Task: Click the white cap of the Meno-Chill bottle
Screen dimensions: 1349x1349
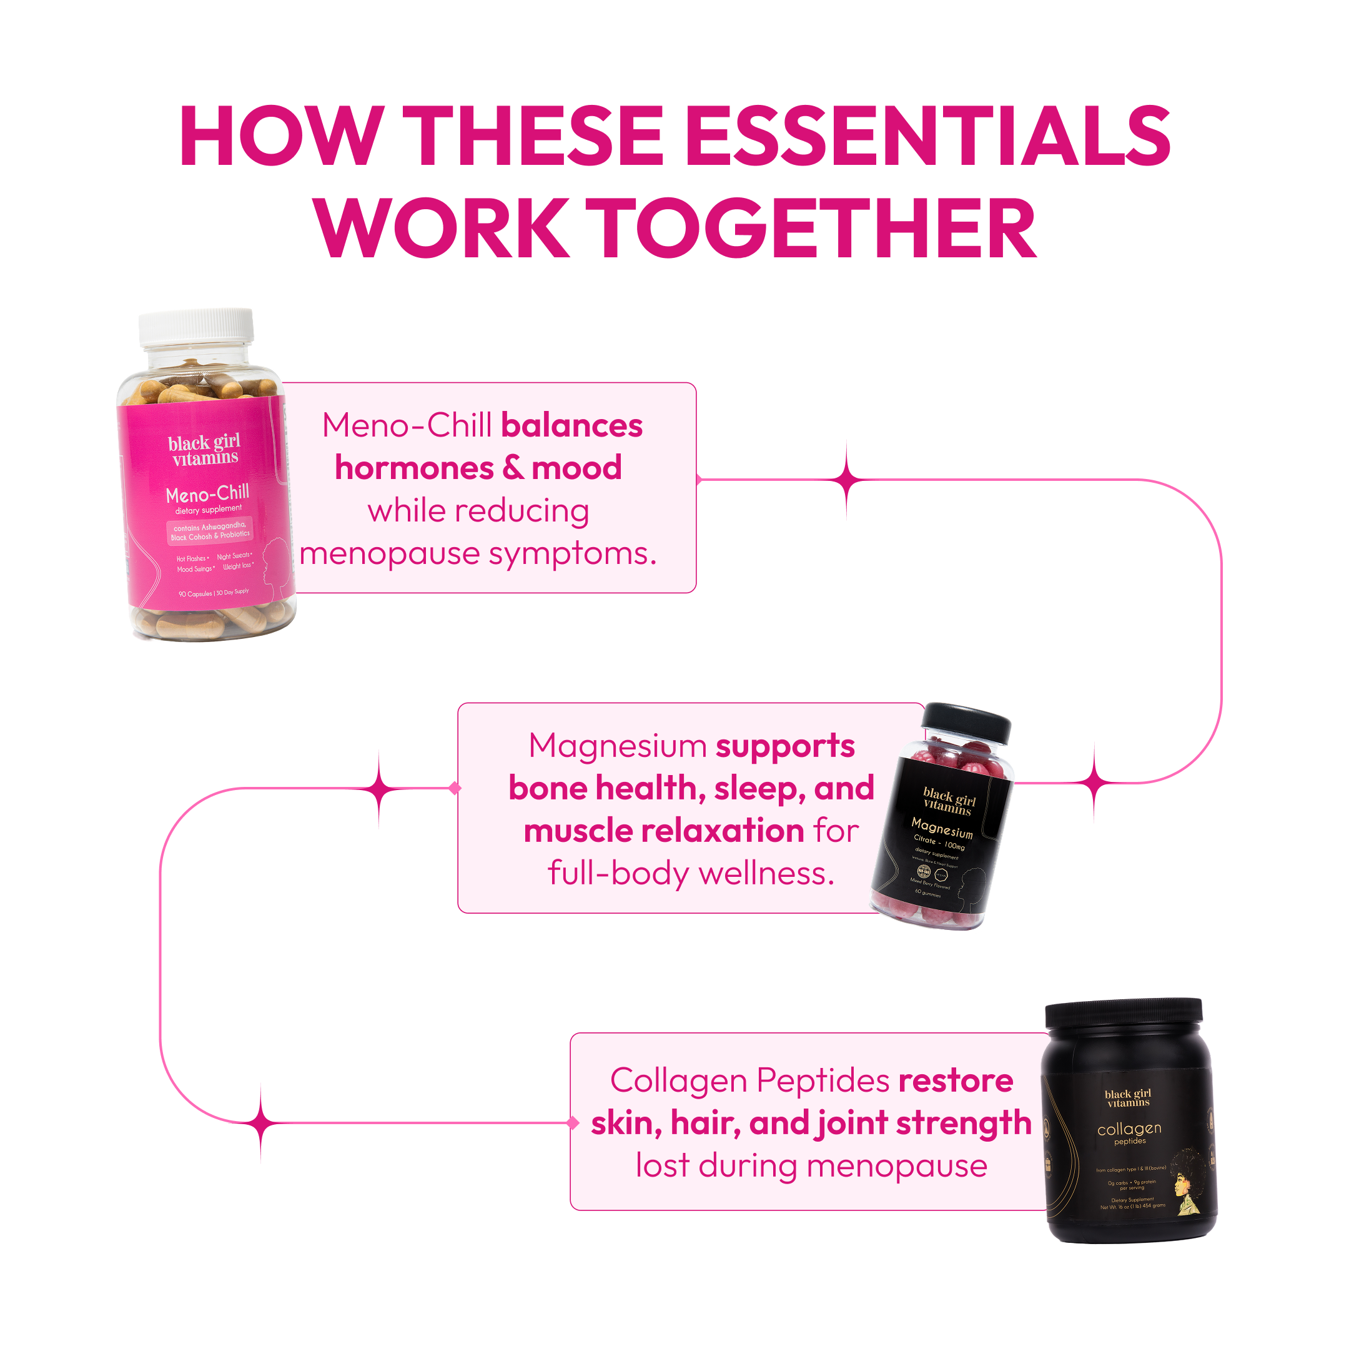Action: pyautogui.click(x=196, y=326)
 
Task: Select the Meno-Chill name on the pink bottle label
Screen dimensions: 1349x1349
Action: pyautogui.click(x=207, y=493)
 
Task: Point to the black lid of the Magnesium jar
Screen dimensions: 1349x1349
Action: pyautogui.click(x=966, y=723)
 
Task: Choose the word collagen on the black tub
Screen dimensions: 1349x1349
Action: pyautogui.click(x=1129, y=1129)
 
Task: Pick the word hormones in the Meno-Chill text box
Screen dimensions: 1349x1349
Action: pyautogui.click(x=415, y=468)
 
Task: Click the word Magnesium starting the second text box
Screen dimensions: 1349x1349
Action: pyautogui.click(x=616, y=746)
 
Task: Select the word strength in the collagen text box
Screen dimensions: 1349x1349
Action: pyautogui.click(x=964, y=1124)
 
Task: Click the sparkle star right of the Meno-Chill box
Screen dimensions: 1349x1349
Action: pyautogui.click(x=847, y=480)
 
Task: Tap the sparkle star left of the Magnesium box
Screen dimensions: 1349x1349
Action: pyautogui.click(x=379, y=789)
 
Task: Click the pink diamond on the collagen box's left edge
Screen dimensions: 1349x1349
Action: pyautogui.click(x=573, y=1123)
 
